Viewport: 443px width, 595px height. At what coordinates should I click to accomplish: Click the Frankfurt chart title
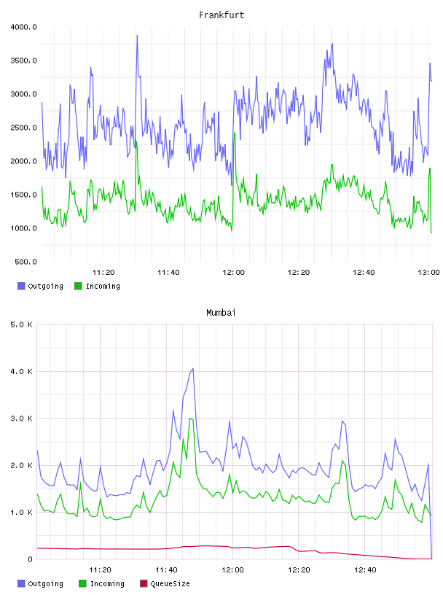pos(221,15)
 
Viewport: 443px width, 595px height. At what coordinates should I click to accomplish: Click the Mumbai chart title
pos(221,313)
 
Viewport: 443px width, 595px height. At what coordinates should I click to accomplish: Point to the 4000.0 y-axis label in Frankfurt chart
pos(23,27)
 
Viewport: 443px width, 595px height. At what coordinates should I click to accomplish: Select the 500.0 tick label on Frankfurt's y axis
pos(26,262)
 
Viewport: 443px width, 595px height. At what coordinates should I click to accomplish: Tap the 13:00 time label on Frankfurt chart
pos(428,273)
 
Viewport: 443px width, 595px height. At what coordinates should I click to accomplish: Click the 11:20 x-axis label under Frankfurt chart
pos(103,273)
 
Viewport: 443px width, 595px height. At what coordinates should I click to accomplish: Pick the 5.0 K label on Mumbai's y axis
pos(21,324)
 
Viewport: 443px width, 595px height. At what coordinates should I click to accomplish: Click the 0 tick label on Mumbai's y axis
pos(31,559)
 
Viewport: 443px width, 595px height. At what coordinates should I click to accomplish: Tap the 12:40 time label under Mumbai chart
pos(365,570)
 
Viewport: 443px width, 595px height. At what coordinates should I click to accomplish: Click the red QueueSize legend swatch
pos(144,583)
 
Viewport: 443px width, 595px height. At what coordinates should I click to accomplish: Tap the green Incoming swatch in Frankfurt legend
pos(78,286)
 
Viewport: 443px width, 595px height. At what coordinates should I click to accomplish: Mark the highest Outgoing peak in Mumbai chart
pos(193,368)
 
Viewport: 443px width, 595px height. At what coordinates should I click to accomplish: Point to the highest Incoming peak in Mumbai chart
pos(190,418)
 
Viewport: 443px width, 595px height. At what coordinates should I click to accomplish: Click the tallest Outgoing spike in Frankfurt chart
pos(137,35)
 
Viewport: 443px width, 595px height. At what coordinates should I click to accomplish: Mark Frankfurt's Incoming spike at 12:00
pos(235,133)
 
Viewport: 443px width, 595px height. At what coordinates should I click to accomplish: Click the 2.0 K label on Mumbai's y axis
pos(21,466)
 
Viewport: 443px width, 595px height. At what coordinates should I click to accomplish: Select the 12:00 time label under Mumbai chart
pos(232,570)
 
